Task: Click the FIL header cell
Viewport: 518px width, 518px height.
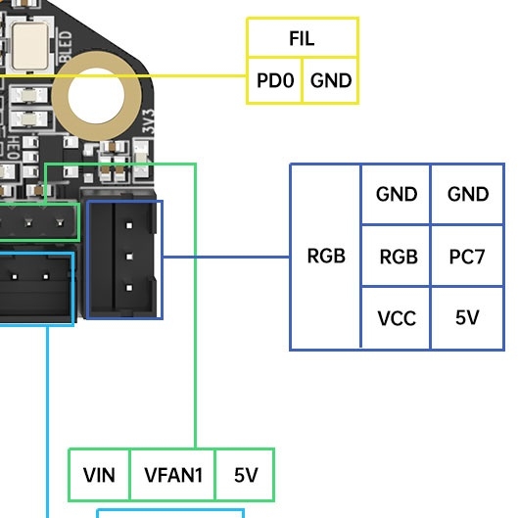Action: (303, 37)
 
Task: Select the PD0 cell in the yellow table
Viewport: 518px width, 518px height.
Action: (275, 80)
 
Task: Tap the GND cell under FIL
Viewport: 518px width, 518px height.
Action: (330, 80)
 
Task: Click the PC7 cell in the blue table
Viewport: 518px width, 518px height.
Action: (467, 256)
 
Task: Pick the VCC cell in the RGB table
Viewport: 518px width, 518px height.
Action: (397, 318)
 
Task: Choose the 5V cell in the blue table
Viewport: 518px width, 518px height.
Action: (467, 318)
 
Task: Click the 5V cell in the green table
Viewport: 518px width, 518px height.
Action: (245, 475)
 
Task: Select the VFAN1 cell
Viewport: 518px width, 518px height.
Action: (172, 475)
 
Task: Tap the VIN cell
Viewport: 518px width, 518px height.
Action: (99, 475)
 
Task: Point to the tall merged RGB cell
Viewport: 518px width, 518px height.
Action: (326, 257)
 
